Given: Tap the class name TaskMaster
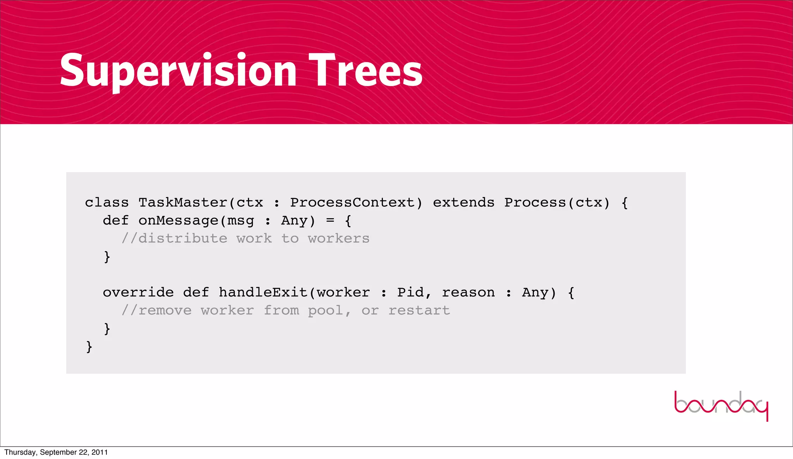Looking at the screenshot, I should click(x=183, y=203).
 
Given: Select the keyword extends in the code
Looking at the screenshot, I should click(x=463, y=203).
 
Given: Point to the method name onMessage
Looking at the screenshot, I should click(x=179, y=221).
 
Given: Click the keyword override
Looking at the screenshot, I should click(x=138, y=293).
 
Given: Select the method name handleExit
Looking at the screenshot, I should click(x=263, y=293).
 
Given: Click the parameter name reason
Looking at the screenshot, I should click(x=468, y=293).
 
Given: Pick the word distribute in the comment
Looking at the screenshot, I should click(x=183, y=239).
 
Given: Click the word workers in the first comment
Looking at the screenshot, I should click(x=339, y=239).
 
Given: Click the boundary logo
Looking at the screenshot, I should click(x=721, y=405).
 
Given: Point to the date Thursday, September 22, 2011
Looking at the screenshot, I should click(x=56, y=452).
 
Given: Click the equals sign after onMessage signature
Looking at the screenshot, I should click(x=330, y=221).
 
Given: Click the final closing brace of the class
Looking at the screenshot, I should click(x=89, y=347).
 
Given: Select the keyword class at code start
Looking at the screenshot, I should click(x=107, y=203).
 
